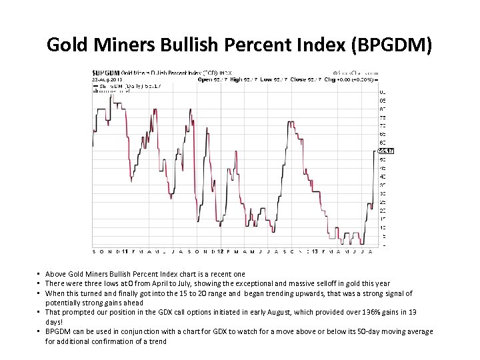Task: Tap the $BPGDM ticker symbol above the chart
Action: coord(105,72)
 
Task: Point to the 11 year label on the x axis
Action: coord(125,251)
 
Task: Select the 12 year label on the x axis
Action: coord(220,251)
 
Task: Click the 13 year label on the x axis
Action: coord(315,251)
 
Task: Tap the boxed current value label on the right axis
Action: coord(386,151)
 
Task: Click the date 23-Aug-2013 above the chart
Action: coord(105,79)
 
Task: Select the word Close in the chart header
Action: coord(297,79)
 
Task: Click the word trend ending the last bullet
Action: coord(158,341)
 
